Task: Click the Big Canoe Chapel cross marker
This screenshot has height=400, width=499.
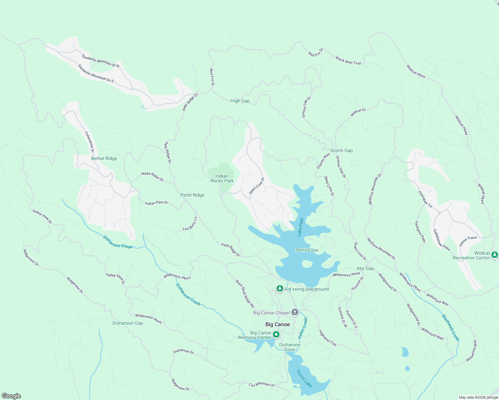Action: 295,312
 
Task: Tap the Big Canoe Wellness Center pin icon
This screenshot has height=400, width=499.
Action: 276,334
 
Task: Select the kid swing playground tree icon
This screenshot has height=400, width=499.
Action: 280,289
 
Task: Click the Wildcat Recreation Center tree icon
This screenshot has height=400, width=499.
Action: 495,255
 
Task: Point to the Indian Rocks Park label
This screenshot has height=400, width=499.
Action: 222,178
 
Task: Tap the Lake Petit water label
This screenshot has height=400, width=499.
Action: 301,227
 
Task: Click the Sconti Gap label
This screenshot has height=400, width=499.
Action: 341,150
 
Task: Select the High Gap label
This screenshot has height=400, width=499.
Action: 240,101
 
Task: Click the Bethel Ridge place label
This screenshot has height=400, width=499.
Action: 104,158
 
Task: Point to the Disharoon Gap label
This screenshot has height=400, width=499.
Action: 128,323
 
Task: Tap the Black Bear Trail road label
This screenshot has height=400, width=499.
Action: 348,61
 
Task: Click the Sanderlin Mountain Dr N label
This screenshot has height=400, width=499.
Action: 100,61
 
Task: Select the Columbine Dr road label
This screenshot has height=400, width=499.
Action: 89,142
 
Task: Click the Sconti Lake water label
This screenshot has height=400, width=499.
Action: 305,378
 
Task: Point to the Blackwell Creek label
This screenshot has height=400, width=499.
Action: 451,328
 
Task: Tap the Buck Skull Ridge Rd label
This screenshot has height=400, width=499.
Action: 245,293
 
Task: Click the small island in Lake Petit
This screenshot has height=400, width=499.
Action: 307,264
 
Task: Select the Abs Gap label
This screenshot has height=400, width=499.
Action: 365,268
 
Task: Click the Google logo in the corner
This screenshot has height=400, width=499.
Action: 11,396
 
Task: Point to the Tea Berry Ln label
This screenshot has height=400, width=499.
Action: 190,224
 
